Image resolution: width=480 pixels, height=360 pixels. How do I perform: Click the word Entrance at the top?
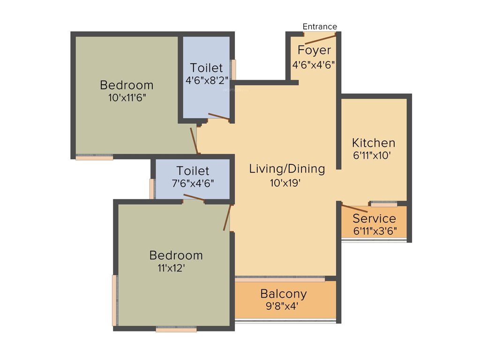point(320,27)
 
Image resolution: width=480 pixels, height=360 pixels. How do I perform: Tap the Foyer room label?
point(314,50)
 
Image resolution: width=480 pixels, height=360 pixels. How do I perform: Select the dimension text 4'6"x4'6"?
point(314,65)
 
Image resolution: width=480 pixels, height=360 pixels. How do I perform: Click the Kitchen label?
point(374,143)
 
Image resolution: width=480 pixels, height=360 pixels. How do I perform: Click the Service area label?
point(374,218)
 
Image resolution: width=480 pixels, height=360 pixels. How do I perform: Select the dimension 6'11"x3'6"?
point(374,231)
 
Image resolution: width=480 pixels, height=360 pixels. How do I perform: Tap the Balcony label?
point(284,294)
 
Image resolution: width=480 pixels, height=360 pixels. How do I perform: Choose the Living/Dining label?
point(287,169)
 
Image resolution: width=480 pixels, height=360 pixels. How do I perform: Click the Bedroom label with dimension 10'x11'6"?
point(127,85)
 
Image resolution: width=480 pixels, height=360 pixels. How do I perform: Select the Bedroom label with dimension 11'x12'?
point(176,255)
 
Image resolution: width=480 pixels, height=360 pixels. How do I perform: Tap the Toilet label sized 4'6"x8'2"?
point(206,68)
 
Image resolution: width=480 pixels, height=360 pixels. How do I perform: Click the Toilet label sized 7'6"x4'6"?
point(193,171)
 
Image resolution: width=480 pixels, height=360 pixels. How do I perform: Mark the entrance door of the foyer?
point(320,39)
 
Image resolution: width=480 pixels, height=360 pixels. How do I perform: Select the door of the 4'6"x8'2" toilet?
point(218,117)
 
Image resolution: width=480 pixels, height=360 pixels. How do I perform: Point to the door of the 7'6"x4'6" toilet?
point(194,197)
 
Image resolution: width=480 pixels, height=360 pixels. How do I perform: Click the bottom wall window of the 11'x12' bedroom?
point(176,330)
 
